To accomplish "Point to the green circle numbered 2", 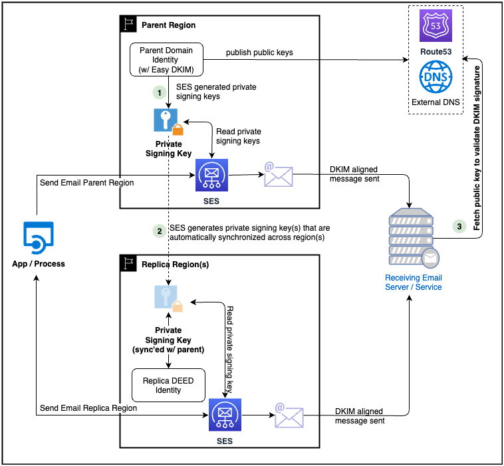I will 159,231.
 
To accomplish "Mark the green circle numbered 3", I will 459,227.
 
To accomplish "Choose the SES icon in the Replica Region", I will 225,415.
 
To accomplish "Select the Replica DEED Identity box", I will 168,385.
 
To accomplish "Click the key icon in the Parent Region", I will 166,121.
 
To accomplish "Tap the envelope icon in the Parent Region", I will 278,175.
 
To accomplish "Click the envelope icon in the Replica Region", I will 289,415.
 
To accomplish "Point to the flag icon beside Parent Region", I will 128,25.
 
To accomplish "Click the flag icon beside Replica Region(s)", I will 128,264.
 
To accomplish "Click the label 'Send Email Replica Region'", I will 88,408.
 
